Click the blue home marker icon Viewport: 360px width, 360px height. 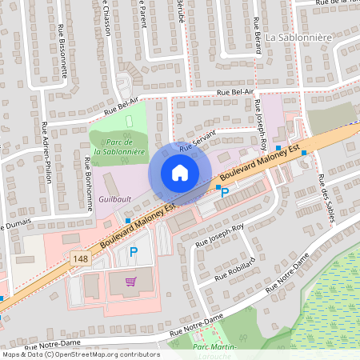pos(180,172)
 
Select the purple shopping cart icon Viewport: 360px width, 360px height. pos(130,281)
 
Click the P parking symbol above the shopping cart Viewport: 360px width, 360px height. pos(134,252)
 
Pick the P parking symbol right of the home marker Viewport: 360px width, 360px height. pos(225,192)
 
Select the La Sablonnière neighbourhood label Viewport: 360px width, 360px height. pos(298,37)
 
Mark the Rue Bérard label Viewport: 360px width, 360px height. pos(258,35)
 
